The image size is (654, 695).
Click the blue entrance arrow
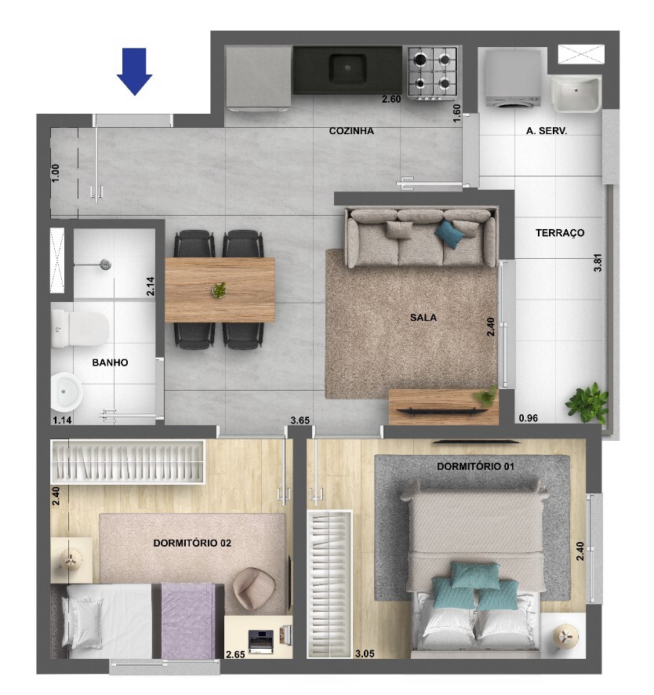(135, 71)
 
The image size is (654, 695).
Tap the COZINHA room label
(351, 131)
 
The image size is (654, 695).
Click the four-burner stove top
(432, 74)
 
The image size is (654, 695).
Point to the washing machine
(513, 78)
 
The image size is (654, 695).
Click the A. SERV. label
(547, 131)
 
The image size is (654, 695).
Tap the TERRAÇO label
(560, 233)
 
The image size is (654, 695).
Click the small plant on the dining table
(220, 290)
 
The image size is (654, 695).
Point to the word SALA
(423, 318)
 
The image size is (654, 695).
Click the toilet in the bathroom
(79, 329)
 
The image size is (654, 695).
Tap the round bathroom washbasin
(67, 392)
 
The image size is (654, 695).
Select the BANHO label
(110, 362)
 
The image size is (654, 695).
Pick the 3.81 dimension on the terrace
(598, 263)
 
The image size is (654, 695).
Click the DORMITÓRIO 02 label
(192, 543)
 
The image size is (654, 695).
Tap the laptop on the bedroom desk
(260, 642)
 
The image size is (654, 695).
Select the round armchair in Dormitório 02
(254, 588)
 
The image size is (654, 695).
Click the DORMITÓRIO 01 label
(475, 466)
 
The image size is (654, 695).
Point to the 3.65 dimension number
(300, 420)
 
